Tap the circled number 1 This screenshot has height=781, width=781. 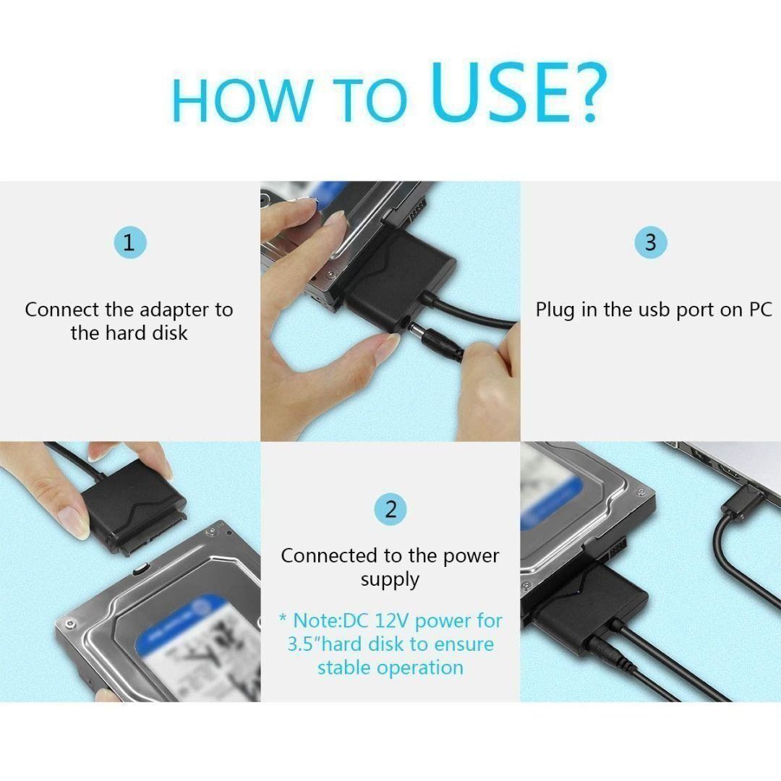point(129,242)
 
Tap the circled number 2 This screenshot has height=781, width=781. point(390,509)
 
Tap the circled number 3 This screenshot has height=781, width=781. point(650,242)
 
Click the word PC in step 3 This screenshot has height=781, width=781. point(757,310)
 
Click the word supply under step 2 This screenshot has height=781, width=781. point(390,580)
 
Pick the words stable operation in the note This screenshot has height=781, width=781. point(390,667)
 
